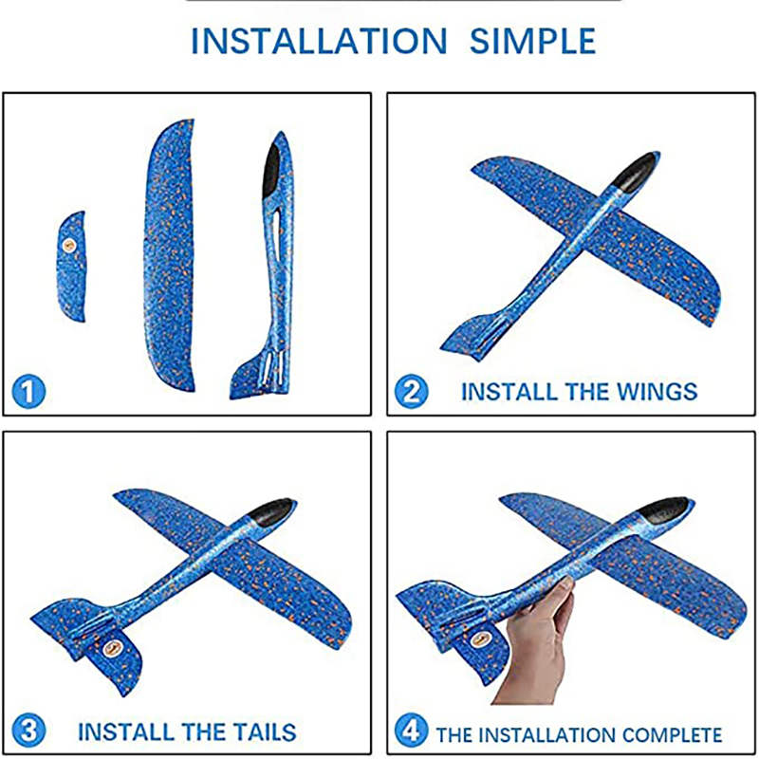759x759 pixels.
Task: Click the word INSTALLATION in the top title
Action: point(319,41)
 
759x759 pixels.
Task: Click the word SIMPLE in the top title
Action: point(533,41)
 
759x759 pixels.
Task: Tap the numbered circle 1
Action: point(28,392)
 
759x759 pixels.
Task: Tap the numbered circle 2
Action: point(412,392)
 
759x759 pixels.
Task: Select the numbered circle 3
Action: point(28,731)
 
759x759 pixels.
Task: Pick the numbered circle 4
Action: point(412,731)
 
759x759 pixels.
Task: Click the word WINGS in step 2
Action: point(657,392)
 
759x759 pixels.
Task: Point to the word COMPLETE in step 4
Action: point(672,734)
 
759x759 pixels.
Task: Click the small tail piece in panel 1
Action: point(71,267)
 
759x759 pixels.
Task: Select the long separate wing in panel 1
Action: point(170,255)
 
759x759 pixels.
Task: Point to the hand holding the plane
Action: point(535,644)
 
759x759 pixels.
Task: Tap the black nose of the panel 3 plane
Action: point(271,512)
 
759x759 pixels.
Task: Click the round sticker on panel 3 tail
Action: point(112,648)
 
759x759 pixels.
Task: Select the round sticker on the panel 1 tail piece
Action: point(69,246)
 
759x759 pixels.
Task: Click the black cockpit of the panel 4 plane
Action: point(663,510)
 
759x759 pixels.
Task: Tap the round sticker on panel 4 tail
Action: point(480,639)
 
